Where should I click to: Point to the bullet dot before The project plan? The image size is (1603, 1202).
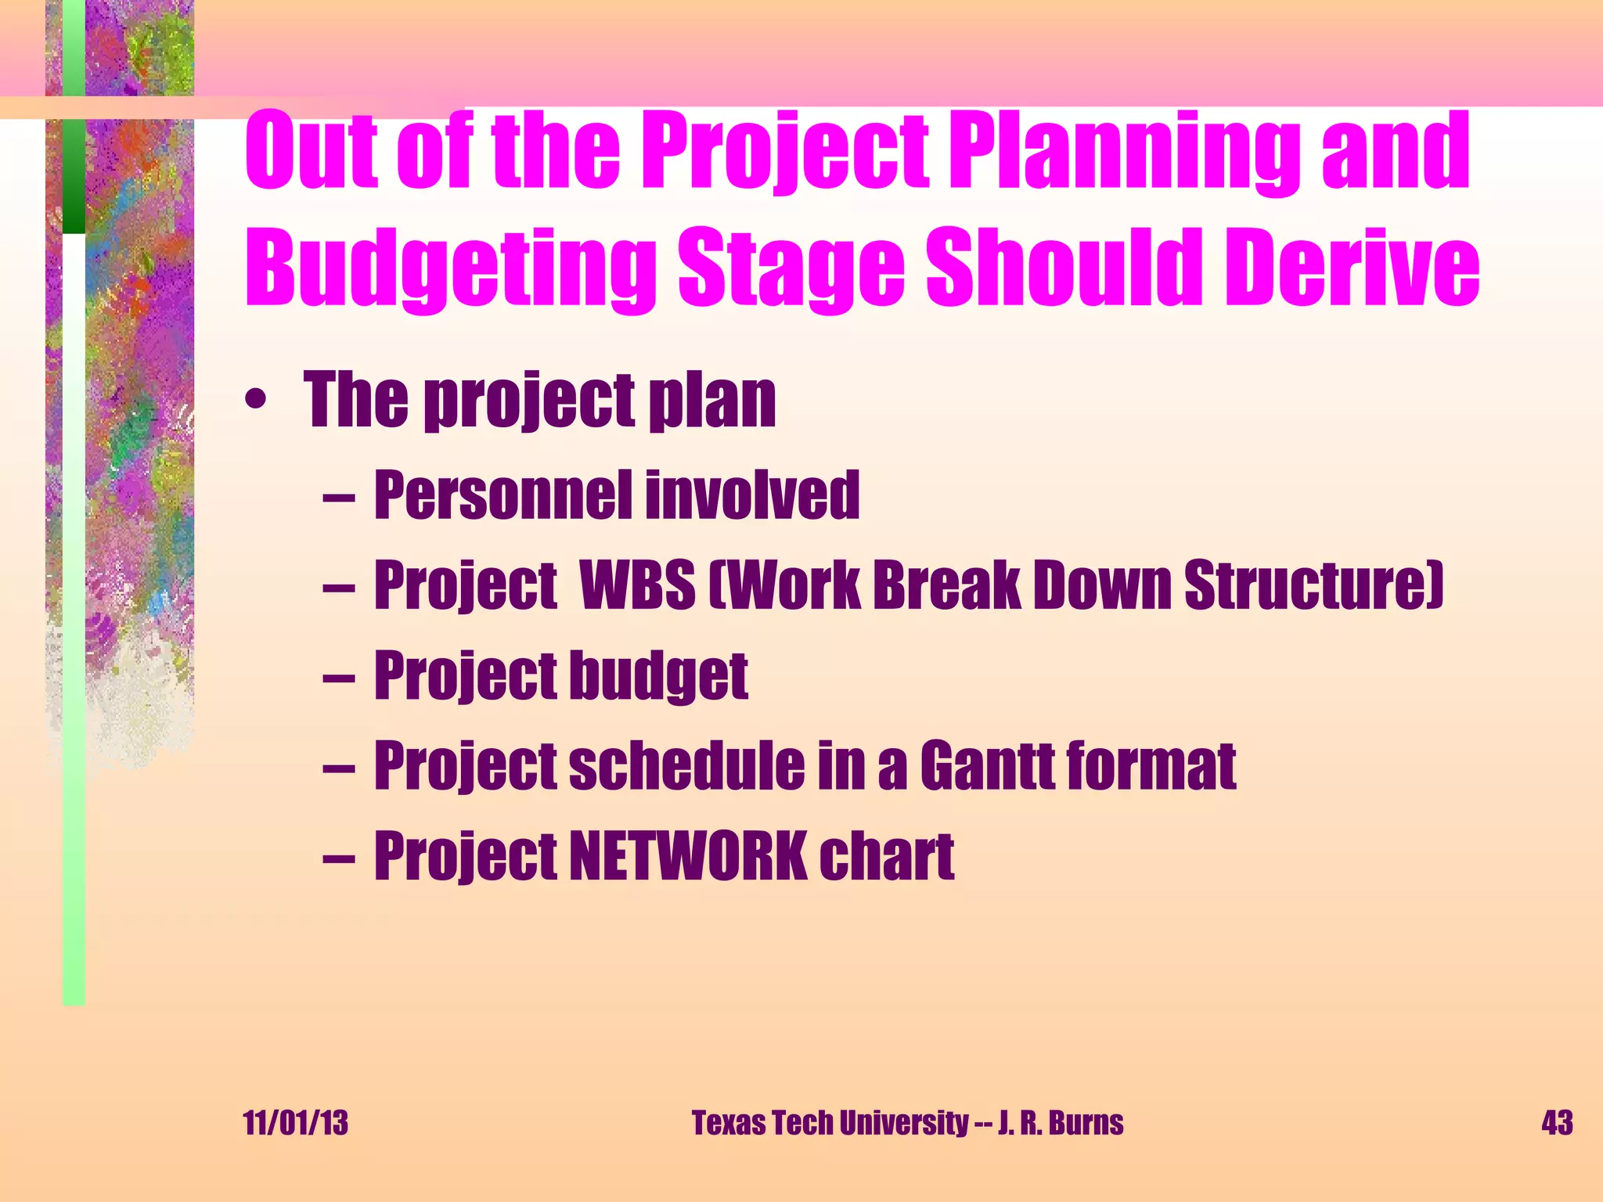(x=255, y=402)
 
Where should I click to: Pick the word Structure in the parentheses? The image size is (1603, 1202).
(x=1312, y=585)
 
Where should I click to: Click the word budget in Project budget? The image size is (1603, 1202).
(x=658, y=676)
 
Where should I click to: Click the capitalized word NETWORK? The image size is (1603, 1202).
(x=688, y=856)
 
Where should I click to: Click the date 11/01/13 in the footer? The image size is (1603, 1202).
(x=295, y=1123)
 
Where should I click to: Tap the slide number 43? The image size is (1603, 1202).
(x=1557, y=1123)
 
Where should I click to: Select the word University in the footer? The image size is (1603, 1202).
(x=903, y=1123)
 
